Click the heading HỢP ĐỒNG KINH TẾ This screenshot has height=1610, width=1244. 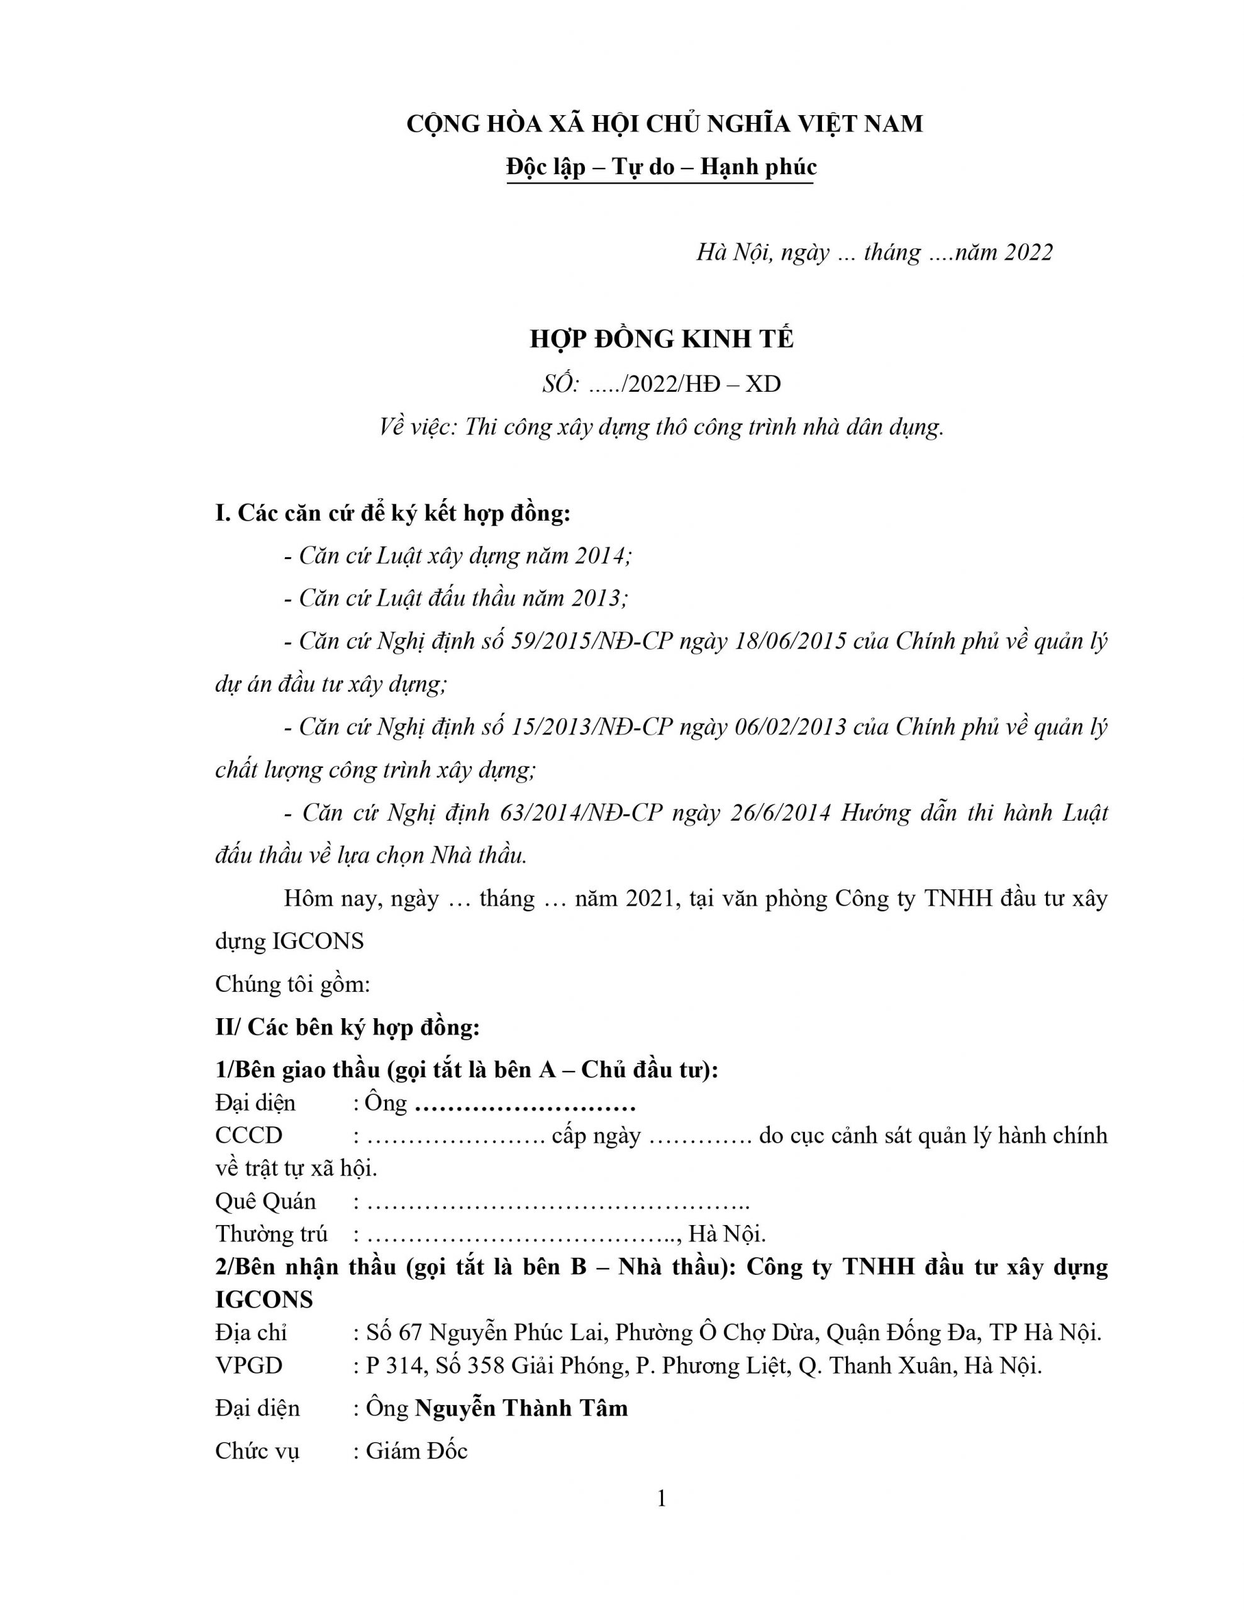click(662, 339)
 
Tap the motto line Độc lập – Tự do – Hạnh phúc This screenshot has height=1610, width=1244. click(662, 167)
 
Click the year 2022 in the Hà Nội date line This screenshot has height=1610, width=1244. click(1028, 253)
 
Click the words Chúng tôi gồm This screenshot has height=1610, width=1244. click(292, 984)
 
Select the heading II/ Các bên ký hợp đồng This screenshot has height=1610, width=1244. click(347, 1027)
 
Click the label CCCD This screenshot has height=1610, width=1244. click(248, 1136)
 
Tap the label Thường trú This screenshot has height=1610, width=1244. click(271, 1234)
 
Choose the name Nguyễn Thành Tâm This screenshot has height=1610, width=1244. click(521, 1409)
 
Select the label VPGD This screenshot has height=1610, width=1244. click(248, 1366)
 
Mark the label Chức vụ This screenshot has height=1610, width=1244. click(257, 1452)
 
